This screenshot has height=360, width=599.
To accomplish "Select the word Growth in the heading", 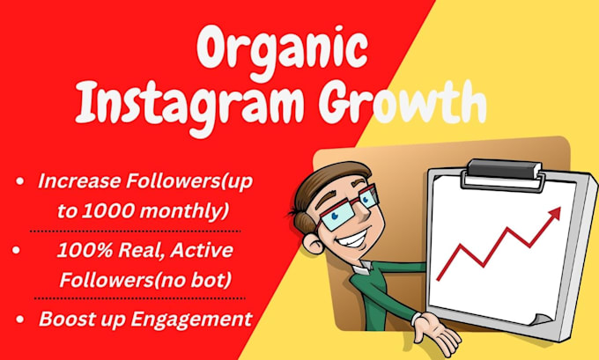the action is point(403,100).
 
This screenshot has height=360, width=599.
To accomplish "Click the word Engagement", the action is point(191,320).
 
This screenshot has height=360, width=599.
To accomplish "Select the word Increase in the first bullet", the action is point(78,181).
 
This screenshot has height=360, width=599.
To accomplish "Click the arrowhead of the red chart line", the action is point(553,214).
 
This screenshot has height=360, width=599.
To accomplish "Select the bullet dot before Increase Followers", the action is point(19,181).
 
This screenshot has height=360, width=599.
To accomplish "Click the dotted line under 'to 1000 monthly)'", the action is point(135,231).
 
